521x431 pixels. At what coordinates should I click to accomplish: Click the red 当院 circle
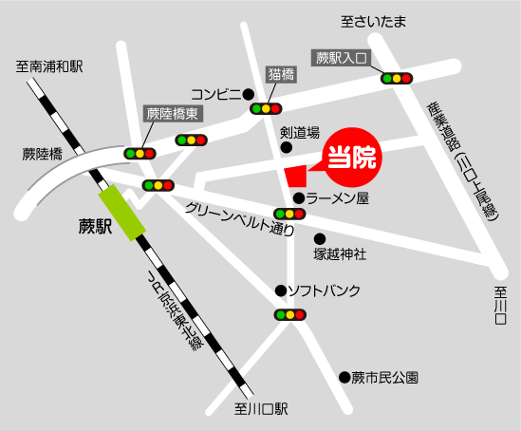coord(352,155)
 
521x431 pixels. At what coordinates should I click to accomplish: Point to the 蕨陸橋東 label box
coord(172,113)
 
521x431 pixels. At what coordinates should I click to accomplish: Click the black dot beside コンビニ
coord(248,93)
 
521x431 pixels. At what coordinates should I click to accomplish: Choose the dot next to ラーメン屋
coord(298,198)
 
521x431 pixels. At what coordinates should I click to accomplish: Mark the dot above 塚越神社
coord(320,238)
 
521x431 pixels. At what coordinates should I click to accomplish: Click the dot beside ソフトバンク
coord(280,290)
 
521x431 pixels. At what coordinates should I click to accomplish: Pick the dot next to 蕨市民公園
coord(343,378)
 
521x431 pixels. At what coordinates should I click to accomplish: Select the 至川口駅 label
coord(261,410)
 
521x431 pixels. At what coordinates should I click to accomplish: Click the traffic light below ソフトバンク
coord(288,314)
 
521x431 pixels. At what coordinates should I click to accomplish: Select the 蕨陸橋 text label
coord(43,153)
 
